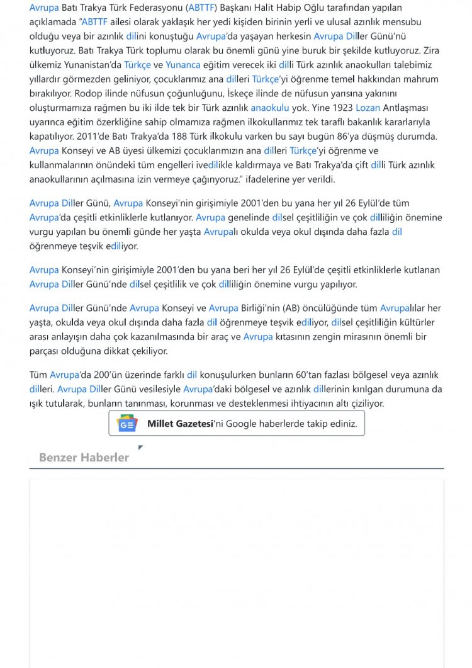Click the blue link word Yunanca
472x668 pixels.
click(183, 65)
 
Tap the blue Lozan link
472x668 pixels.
click(368, 108)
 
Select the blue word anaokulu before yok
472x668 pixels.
click(270, 108)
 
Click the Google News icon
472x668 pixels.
click(127, 424)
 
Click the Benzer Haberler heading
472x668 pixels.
click(84, 458)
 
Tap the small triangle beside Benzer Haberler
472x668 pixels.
click(140, 448)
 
